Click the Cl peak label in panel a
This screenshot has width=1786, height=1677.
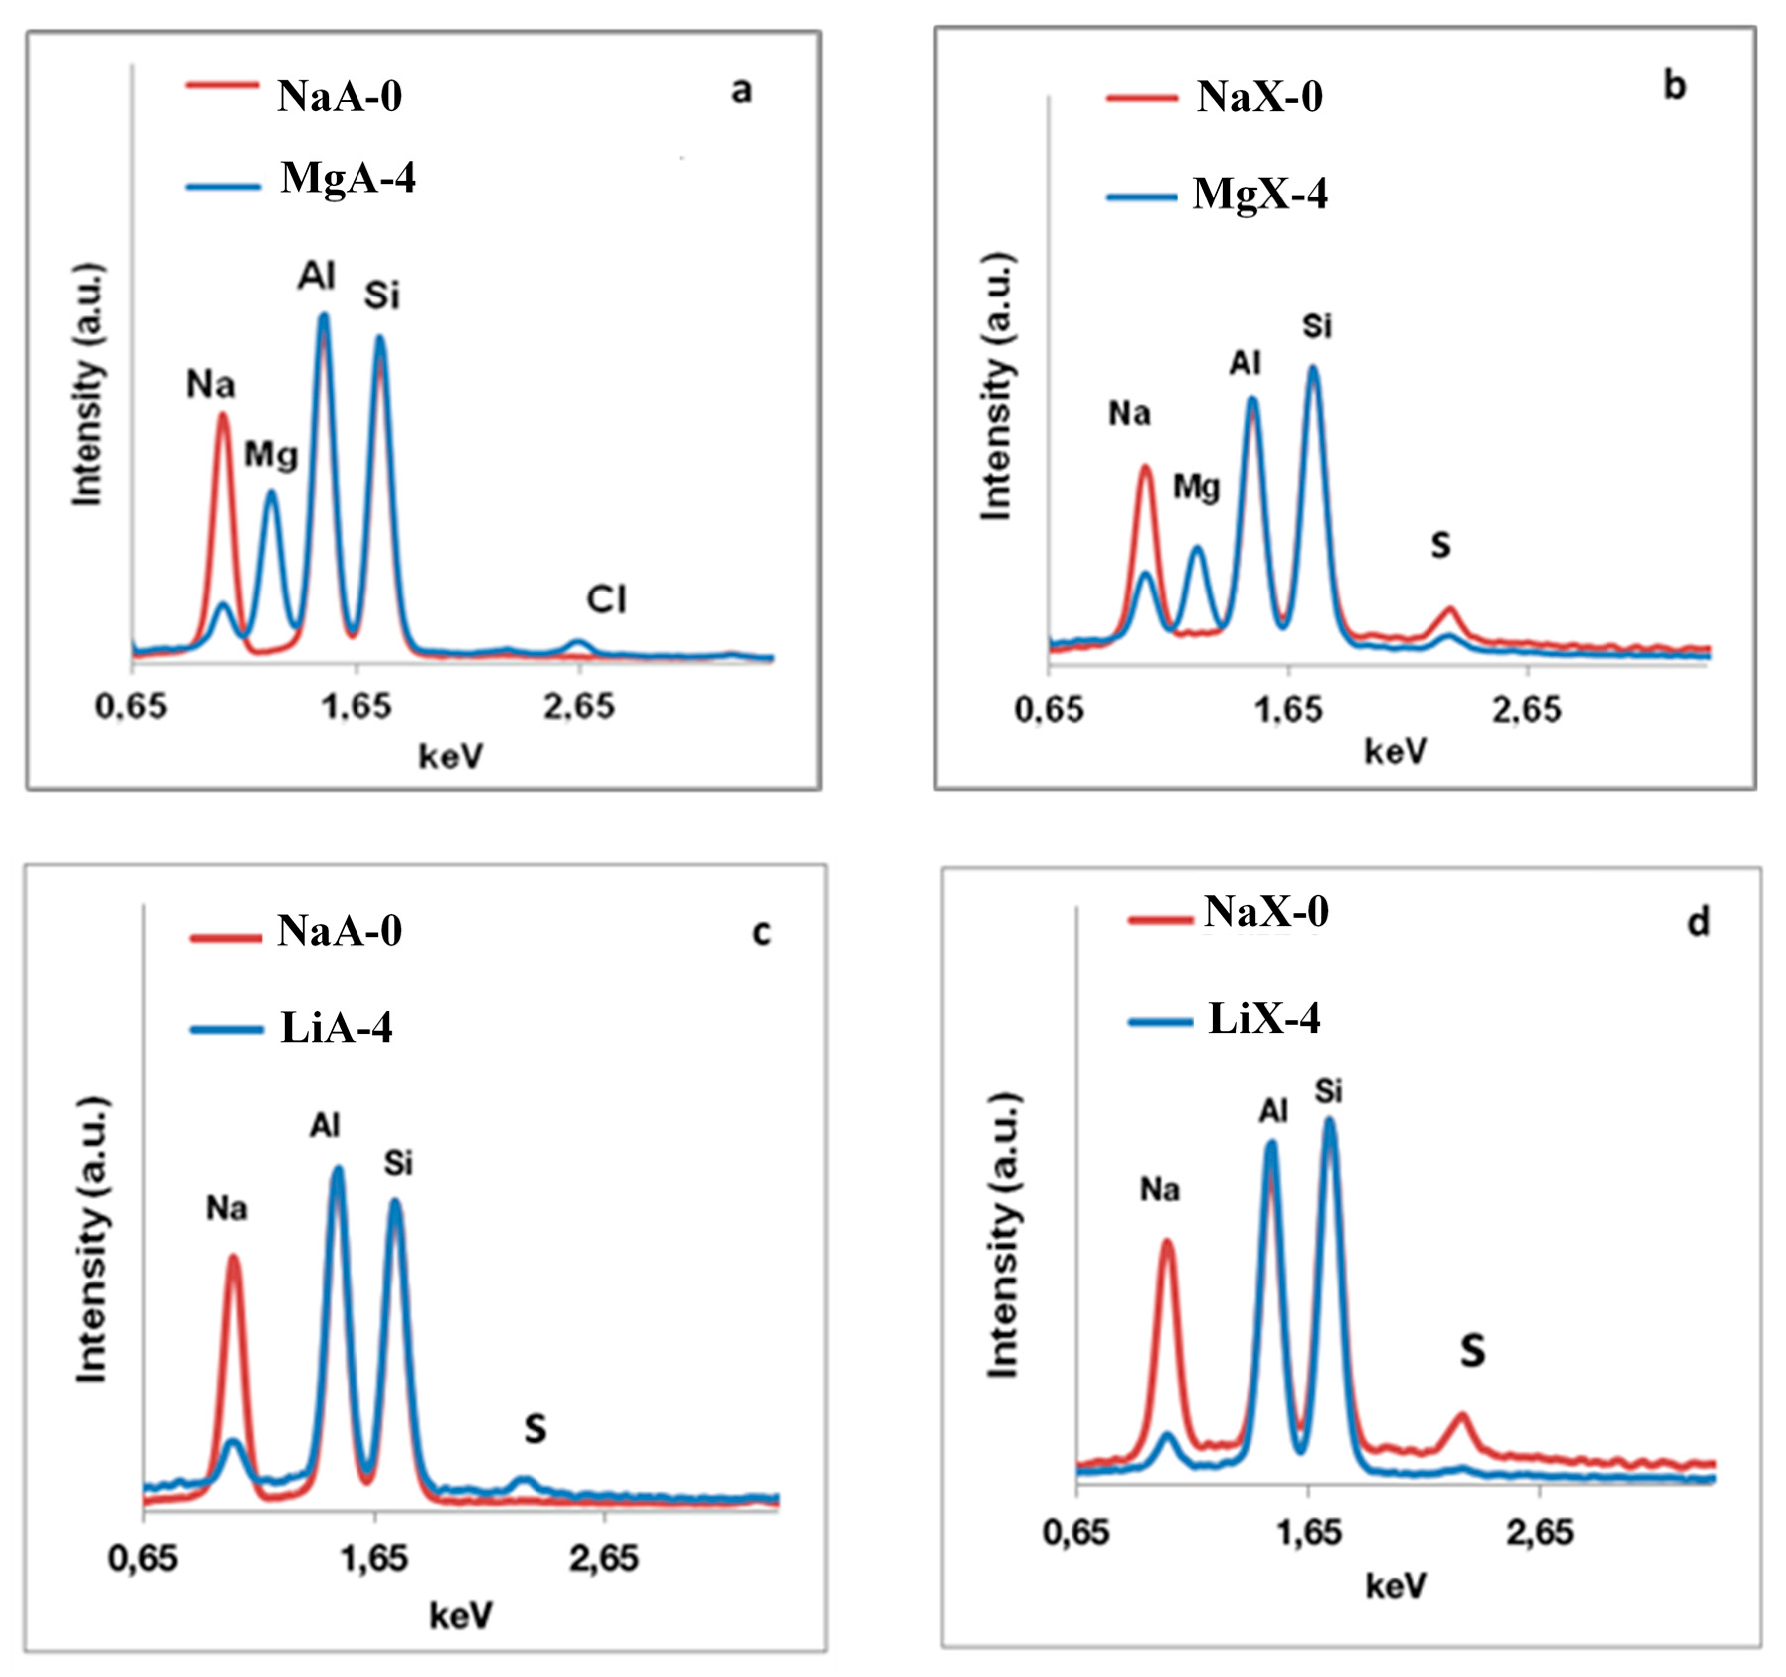[607, 599]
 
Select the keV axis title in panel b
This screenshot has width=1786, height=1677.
[1395, 751]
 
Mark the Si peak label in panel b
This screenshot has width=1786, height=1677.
[1317, 326]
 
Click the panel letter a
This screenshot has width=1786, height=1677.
[741, 91]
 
